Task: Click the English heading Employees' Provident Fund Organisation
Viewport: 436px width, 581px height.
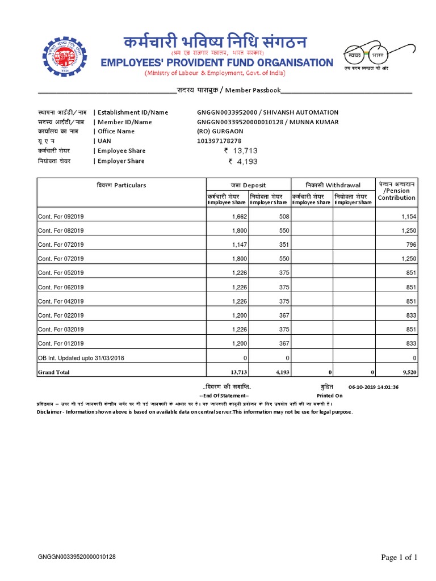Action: click(216, 62)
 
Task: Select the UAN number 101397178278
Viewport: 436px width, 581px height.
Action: click(219, 141)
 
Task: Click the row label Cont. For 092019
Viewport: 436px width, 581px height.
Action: click(61, 217)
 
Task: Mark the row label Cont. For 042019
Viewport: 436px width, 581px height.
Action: click(61, 301)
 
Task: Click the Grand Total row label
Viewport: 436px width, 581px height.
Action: click(53, 372)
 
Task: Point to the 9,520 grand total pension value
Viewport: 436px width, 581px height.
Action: click(409, 372)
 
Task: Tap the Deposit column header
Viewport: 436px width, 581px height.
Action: click(248, 186)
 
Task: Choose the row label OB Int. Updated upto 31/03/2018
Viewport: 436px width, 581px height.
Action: click(81, 357)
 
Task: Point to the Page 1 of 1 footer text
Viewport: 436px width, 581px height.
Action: click(399, 558)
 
